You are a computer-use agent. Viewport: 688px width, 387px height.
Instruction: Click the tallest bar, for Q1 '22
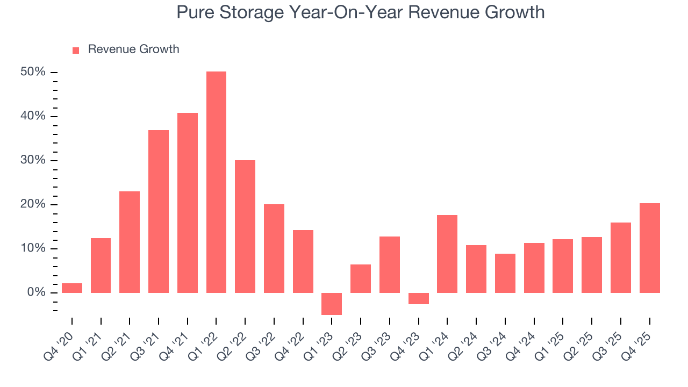point(216,182)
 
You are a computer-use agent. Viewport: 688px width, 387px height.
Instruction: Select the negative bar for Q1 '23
point(332,304)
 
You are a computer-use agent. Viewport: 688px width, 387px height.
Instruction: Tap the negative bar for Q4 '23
point(419,298)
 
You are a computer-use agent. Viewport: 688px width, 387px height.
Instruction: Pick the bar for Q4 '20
point(72,288)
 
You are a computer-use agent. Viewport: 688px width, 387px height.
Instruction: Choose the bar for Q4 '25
point(649,248)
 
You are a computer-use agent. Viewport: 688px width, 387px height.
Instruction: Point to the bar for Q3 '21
point(159,211)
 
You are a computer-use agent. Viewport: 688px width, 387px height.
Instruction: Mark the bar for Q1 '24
point(447,254)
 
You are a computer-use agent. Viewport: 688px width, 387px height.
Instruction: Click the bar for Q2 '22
point(245,226)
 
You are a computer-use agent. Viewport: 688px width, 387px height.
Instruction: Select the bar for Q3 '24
point(505,273)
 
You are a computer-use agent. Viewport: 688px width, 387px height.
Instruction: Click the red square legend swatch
point(76,50)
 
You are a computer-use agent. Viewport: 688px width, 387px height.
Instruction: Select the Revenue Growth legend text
point(133,49)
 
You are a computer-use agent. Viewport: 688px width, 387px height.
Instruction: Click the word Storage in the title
point(248,12)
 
